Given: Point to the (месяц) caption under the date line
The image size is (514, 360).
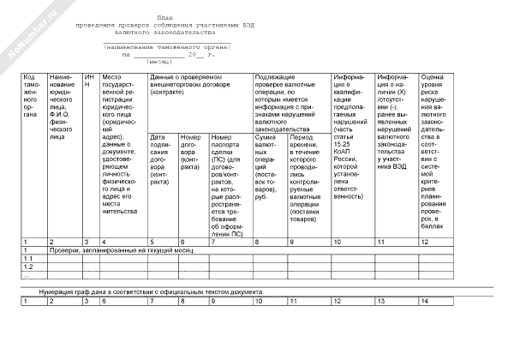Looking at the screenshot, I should pyautogui.click(x=158, y=63).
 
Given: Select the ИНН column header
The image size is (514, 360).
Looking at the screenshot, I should pyautogui.click(x=88, y=81).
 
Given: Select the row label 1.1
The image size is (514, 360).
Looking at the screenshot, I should pyautogui.click(x=27, y=258).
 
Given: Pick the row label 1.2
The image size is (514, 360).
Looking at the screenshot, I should pyautogui.click(x=27, y=267).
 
